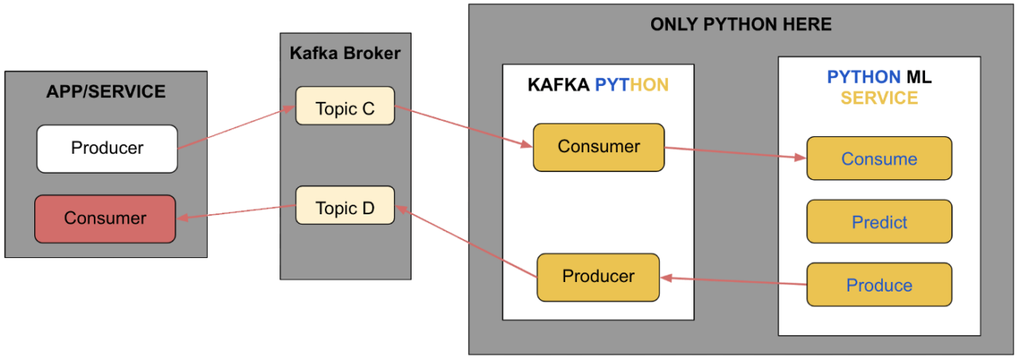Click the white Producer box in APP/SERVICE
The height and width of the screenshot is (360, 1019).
pos(107,148)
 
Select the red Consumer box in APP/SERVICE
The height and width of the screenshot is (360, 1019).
pos(104,218)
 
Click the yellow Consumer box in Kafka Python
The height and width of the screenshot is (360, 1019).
pos(598,147)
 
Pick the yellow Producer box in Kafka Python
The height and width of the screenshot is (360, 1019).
pos(598,276)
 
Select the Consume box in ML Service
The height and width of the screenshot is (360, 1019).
pos(879,158)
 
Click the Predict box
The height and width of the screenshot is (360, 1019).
pos(879,221)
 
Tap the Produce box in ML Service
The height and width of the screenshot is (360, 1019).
pos(879,284)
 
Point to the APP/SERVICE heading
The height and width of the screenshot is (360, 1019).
pos(106,92)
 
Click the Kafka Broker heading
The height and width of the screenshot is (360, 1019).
pos(345,53)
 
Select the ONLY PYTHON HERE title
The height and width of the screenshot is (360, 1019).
pos(740,25)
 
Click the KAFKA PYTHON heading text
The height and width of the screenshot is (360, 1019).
pos(598,85)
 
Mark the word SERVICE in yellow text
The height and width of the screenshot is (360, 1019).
pos(879,98)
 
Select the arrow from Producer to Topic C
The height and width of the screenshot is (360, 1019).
pos(236,128)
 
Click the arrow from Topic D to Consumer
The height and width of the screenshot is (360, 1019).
pos(236,211)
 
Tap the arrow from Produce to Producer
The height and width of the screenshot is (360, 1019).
pos(733,281)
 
